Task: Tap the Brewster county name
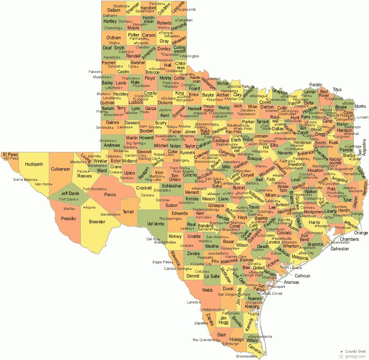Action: [97, 222]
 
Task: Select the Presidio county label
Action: [68, 219]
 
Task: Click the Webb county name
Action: [207, 290]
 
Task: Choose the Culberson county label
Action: [61, 169]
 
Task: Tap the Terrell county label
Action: [128, 212]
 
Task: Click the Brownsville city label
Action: [246, 356]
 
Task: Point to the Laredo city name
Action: [192, 302]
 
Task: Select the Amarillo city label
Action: [141, 43]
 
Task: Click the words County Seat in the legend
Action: [355, 351]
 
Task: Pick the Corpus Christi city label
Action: [271, 294]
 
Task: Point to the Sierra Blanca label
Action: [24, 180]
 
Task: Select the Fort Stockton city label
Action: [94, 189]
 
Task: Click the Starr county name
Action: [222, 335]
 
